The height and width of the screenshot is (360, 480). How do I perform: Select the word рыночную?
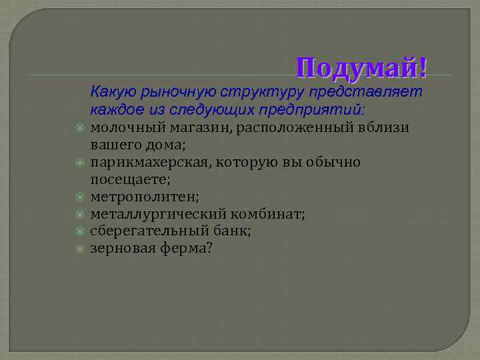[176, 90]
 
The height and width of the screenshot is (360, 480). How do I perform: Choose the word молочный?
[124, 127]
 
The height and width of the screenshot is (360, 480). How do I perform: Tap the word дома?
[167, 145]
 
